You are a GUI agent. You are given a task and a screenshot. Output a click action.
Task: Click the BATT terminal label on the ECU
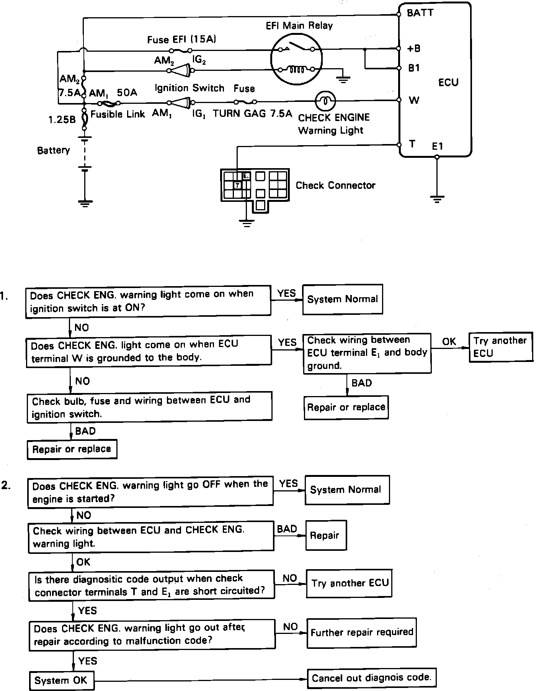[420, 13]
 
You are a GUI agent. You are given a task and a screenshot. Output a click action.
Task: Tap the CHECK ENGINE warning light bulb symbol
[325, 101]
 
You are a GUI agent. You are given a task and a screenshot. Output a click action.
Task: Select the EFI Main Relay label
[299, 26]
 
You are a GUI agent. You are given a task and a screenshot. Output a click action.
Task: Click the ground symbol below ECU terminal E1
[437, 199]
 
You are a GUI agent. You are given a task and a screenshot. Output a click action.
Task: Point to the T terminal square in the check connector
[237, 185]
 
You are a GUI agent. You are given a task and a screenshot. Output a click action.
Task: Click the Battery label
[54, 150]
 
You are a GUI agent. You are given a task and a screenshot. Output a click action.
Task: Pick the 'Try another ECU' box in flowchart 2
[349, 583]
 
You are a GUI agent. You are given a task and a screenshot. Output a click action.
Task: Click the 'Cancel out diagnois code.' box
[371, 678]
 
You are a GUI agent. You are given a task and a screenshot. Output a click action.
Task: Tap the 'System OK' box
[61, 680]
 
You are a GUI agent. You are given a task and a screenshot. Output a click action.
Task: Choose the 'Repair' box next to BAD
[325, 535]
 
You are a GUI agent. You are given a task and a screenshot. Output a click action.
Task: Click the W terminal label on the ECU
[414, 100]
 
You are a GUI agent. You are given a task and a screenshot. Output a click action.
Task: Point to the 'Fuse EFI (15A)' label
[182, 39]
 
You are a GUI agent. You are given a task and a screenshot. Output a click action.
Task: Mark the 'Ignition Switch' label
[189, 88]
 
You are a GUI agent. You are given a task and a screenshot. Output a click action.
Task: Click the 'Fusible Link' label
[118, 114]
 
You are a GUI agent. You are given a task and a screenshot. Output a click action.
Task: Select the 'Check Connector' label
[335, 185]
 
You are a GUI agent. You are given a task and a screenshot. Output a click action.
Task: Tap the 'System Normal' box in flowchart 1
[342, 299]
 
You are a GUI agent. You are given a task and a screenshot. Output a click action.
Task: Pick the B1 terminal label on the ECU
[414, 68]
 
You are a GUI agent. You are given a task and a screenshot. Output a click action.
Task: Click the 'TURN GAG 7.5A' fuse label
[252, 113]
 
